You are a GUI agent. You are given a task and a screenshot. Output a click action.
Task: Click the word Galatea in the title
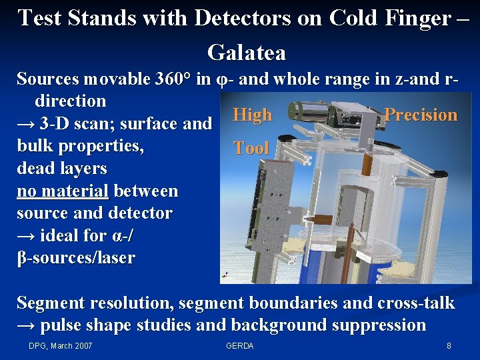[247, 51]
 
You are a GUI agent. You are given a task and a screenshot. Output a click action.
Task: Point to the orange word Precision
[421, 115]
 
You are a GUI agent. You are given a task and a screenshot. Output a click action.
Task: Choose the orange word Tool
[251, 148]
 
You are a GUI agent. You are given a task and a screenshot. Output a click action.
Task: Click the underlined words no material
[63, 191]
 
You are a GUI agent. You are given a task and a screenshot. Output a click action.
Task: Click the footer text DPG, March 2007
[61, 345]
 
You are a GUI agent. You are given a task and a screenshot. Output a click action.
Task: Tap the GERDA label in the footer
[240, 345]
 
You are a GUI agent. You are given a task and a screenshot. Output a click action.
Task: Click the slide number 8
[449, 345]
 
